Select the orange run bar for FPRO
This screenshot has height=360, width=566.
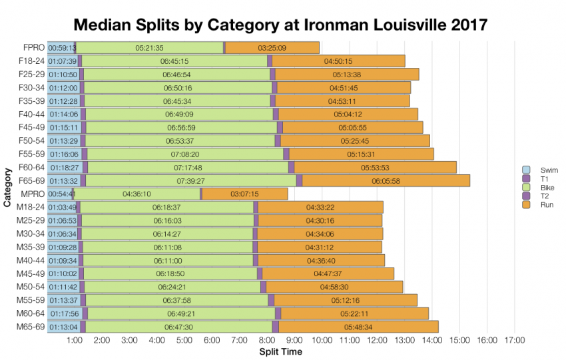pos(272,48)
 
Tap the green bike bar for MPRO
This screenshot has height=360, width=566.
pos(137,194)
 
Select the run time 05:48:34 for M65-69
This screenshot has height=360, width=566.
pos(358,326)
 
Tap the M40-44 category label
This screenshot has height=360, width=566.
pos(30,260)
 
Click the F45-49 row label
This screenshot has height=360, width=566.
pos(31,127)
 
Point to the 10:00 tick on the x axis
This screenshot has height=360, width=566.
pos(322,341)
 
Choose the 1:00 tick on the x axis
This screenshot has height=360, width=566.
pos(75,341)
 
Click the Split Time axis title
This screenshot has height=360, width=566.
pos(280,351)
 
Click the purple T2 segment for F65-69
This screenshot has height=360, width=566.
pos(299,180)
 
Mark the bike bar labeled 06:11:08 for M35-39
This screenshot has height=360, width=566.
pos(166,247)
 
